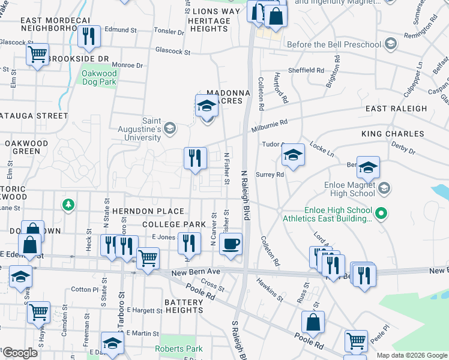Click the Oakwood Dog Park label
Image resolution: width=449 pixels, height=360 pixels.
(x=99, y=78)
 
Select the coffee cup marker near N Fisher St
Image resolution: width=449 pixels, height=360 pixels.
(x=231, y=244)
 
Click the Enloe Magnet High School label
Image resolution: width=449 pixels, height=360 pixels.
(x=345, y=189)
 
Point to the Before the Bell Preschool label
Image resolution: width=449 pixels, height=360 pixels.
(x=334, y=44)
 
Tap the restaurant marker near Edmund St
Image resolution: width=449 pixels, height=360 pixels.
(x=89, y=37)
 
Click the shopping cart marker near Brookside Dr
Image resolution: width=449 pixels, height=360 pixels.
(x=37, y=55)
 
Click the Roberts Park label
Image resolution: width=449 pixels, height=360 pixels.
(x=179, y=349)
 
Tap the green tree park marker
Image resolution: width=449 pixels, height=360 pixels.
(x=69, y=205)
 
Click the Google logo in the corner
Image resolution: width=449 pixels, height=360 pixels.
(x=20, y=353)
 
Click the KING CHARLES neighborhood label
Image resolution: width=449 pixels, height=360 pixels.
(x=393, y=134)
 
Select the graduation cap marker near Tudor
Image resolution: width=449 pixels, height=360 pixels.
(x=293, y=155)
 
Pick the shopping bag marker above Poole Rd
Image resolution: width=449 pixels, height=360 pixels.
(x=313, y=323)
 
